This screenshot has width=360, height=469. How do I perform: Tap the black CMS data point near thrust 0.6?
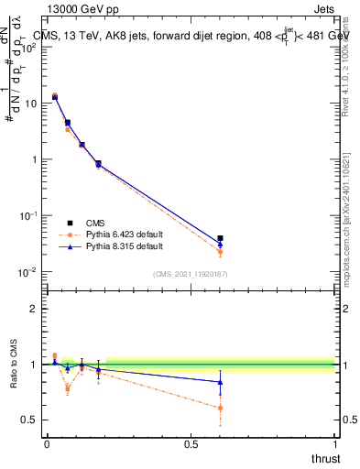(220, 238)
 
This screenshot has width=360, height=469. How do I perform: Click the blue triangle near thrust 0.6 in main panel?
(220, 244)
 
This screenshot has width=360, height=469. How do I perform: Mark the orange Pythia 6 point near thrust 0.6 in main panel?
(220, 252)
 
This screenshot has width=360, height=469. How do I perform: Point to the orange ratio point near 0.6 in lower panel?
(220, 408)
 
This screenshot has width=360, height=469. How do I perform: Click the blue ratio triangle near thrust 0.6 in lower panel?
(220, 382)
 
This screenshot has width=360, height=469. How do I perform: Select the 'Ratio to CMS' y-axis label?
(14, 364)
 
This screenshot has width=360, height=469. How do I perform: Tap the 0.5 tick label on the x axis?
(191, 443)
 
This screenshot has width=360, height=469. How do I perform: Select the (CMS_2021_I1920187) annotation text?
(191, 274)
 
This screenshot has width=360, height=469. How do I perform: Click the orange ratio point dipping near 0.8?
(67, 388)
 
